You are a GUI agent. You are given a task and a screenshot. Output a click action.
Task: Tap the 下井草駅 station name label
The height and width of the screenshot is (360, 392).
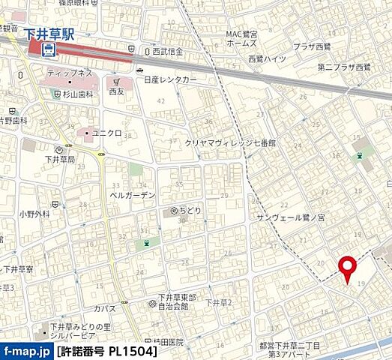49,34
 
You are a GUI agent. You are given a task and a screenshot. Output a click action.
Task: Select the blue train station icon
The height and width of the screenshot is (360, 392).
49,50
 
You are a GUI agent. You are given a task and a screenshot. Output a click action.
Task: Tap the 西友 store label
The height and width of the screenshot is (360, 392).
115,91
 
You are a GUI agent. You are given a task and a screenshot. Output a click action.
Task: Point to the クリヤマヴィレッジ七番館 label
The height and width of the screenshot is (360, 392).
230,142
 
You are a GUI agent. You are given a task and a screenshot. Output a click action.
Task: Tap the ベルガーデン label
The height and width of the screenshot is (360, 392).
132,195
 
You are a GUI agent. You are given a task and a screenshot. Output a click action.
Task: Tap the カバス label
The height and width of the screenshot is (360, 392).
105,308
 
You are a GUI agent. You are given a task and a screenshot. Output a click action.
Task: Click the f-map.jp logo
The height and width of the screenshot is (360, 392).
26,350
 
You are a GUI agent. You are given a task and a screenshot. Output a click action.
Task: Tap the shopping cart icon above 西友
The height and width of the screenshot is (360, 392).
115,80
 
